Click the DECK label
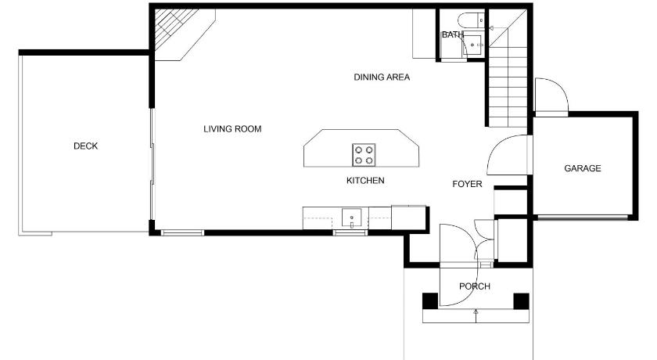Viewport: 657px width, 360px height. coord(85,146)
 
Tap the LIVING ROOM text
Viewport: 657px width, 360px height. coord(232,129)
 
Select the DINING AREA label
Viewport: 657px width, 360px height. coord(382,77)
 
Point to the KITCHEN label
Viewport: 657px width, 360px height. coord(365,181)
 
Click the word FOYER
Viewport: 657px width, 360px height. coord(467,184)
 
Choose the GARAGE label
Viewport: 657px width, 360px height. coord(583,168)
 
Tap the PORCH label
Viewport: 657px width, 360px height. coord(475,286)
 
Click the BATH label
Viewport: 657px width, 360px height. coord(453,34)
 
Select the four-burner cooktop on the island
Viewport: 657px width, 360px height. coord(364,155)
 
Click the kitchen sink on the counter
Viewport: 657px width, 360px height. coord(351,218)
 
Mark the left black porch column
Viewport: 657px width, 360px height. coord(430,301)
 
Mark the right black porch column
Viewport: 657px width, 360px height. coord(521,301)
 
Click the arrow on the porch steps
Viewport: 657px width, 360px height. coord(476,316)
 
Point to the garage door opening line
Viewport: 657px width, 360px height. coord(583,217)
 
